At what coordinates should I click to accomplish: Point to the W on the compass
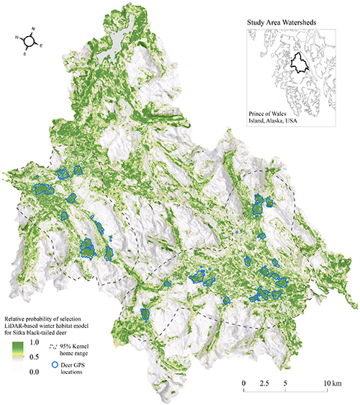(x=17, y=35)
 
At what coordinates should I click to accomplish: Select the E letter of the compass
(x=40, y=47)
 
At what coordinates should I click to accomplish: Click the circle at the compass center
(x=29, y=41)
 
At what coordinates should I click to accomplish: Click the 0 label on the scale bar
(x=244, y=382)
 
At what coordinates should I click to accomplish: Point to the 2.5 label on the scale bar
(x=266, y=382)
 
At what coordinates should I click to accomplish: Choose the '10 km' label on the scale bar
(x=332, y=382)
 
